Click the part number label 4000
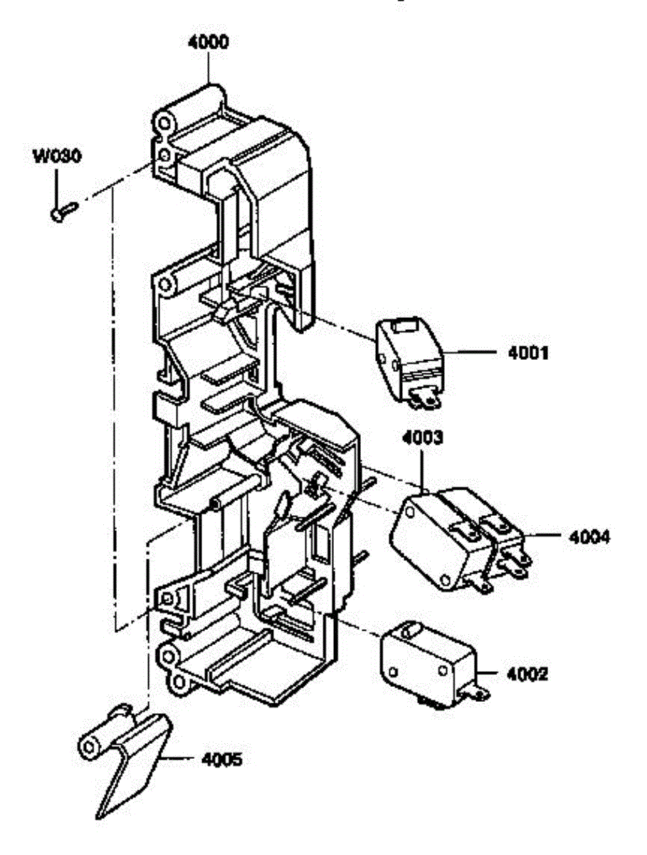208,42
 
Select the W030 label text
57,156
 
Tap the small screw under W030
64,212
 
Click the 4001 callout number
528,353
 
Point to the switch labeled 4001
409,362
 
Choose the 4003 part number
422,437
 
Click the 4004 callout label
589,537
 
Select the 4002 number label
527,674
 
